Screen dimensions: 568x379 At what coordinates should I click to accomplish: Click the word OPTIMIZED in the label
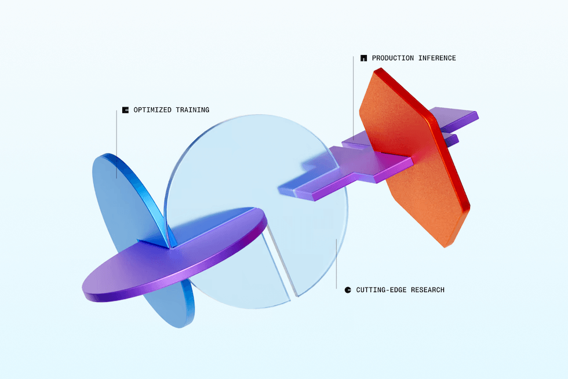[152, 110]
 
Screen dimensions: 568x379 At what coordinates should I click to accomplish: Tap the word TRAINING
[192, 110]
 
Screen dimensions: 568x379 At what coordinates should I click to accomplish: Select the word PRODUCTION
[393, 58]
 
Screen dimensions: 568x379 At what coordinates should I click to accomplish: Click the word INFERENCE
[437, 58]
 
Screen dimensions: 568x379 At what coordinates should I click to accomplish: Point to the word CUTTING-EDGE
[381, 290]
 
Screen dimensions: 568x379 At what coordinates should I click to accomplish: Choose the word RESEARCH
[428, 290]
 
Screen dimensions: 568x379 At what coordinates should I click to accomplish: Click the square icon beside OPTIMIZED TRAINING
[125, 110]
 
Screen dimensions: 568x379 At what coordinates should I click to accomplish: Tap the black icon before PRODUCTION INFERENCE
[364, 58]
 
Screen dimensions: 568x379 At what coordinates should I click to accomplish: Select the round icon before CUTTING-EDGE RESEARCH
[348, 290]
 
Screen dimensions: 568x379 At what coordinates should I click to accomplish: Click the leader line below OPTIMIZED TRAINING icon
[116, 144]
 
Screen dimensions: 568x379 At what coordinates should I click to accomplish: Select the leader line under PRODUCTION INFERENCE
[353, 98]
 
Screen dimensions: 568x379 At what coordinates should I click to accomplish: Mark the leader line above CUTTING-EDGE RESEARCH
[336, 264]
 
